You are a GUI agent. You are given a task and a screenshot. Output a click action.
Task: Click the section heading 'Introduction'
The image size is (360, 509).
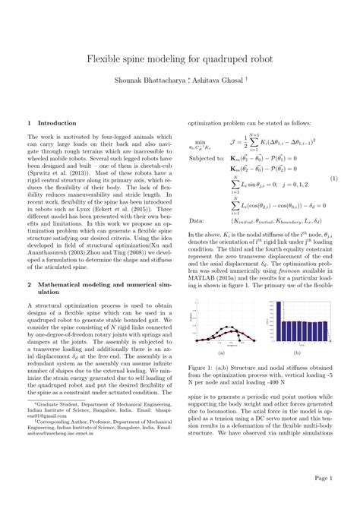(x=52, y=122)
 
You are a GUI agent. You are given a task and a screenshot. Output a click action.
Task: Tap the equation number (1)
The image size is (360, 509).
(x=333, y=179)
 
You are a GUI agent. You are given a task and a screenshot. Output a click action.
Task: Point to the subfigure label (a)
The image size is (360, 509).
(x=221, y=353)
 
